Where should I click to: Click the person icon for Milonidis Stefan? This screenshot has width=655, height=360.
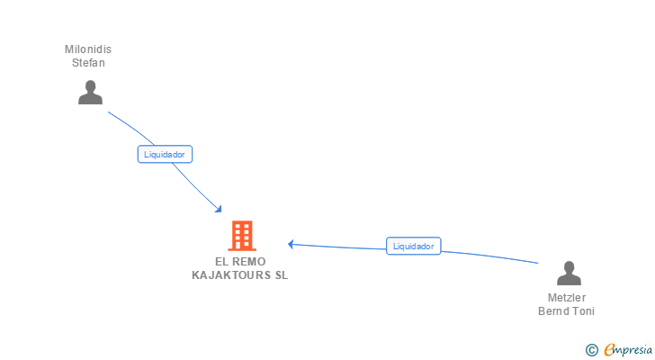[90, 93]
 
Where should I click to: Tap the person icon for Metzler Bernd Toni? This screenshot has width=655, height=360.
[568, 273]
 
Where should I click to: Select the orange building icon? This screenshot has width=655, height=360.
[241, 235]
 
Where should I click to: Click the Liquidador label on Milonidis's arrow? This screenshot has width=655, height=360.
[165, 154]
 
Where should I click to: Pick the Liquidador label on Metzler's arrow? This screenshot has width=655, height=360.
[414, 246]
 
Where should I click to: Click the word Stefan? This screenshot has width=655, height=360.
[90, 63]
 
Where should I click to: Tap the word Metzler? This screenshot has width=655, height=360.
[567, 298]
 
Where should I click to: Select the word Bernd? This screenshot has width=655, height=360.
[552, 311]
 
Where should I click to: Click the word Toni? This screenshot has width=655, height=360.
[583, 311]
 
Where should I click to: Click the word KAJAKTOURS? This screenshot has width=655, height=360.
[231, 274]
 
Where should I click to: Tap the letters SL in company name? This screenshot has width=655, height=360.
[282, 274]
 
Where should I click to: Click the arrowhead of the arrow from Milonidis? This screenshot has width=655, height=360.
[219, 210]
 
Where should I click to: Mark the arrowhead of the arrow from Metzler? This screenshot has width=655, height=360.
[291, 243]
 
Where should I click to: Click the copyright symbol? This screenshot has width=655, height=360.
[591, 349]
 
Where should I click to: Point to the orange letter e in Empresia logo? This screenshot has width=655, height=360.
[609, 349]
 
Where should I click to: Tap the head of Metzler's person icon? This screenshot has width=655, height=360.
[568, 266]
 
